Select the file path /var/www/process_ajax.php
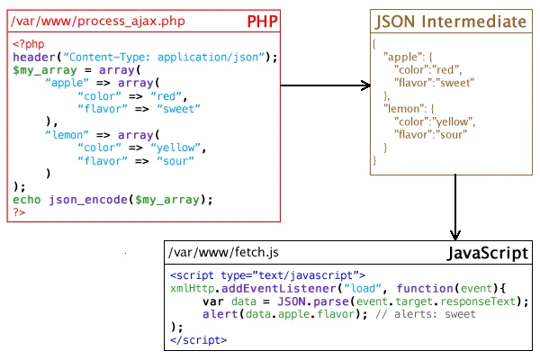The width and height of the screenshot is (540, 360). (x=80, y=20)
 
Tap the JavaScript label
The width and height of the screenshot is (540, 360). (x=487, y=254)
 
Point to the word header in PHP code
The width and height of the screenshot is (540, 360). (x=33, y=58)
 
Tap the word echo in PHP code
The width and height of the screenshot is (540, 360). (x=27, y=199)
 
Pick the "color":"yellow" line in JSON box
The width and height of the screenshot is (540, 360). (x=428, y=121)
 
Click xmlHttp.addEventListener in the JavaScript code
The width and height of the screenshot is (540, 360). (x=237, y=288)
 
